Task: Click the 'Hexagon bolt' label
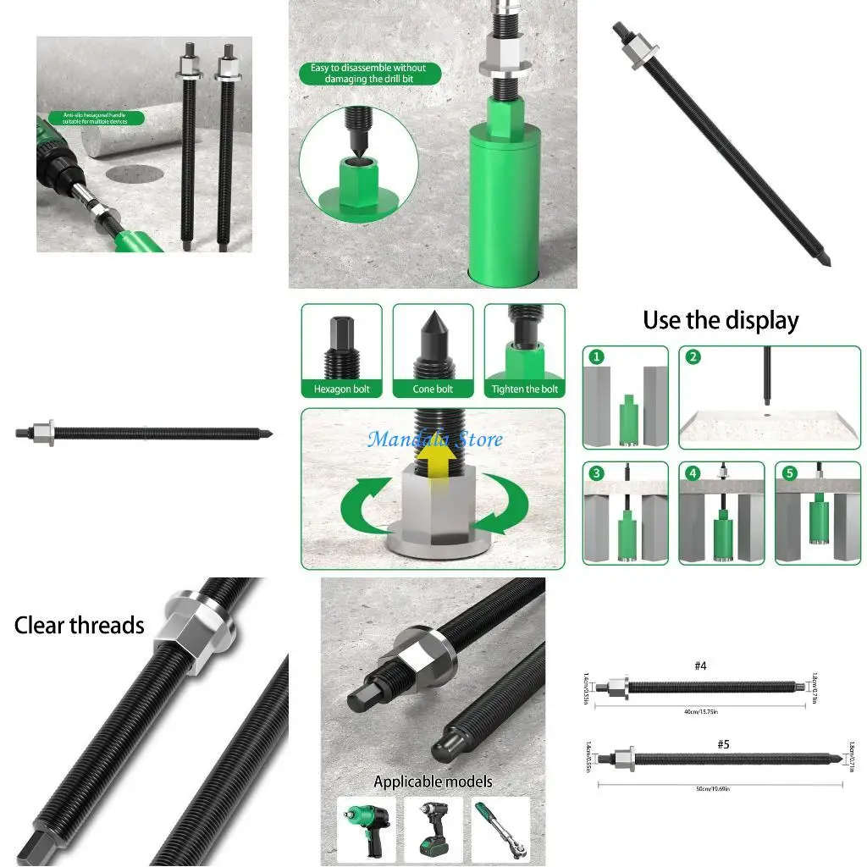[x=342, y=389]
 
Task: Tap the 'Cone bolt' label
[x=433, y=389]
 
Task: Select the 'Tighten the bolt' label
[x=525, y=389]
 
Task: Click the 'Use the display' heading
[x=721, y=321]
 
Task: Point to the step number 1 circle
[x=598, y=357]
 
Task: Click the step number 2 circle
[x=693, y=357]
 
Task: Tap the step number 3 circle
[x=598, y=473]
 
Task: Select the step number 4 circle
[x=693, y=473]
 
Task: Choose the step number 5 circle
[x=790, y=473]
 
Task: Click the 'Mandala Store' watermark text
[x=434, y=439]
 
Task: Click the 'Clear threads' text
[x=80, y=626]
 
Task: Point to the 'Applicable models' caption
[x=433, y=781]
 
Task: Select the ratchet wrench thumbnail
[x=501, y=831]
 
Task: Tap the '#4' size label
[x=700, y=666]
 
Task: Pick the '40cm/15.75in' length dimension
[x=701, y=710]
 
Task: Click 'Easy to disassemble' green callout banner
[x=369, y=73]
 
